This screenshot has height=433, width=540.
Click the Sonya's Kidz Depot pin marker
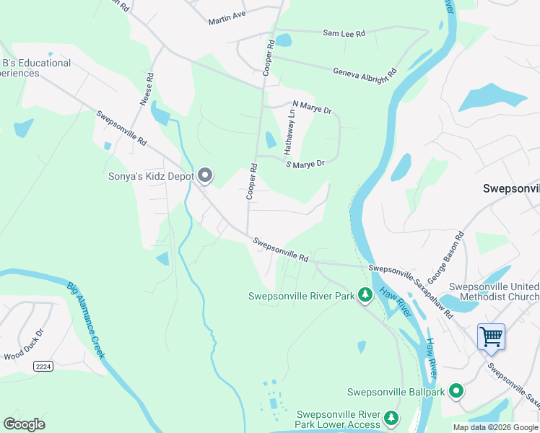tap(205, 175)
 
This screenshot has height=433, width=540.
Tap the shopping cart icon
tap(491, 336)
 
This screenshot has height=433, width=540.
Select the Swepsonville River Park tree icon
tap(365, 295)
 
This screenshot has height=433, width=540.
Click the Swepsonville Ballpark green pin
tap(456, 392)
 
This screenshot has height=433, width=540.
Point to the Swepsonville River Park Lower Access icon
tap(391, 418)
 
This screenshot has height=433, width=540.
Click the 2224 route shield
tap(43, 367)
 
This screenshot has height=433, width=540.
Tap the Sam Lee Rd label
tap(344, 33)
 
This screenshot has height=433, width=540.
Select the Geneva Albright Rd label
tap(365, 73)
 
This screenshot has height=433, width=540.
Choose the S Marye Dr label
tap(305, 165)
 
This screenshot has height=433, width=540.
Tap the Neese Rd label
tap(147, 89)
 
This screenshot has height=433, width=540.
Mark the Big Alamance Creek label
tap(87, 320)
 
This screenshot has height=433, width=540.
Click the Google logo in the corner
tap(24, 424)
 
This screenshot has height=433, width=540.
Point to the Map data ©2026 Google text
tap(495, 427)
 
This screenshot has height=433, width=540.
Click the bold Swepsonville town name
tap(510, 188)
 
